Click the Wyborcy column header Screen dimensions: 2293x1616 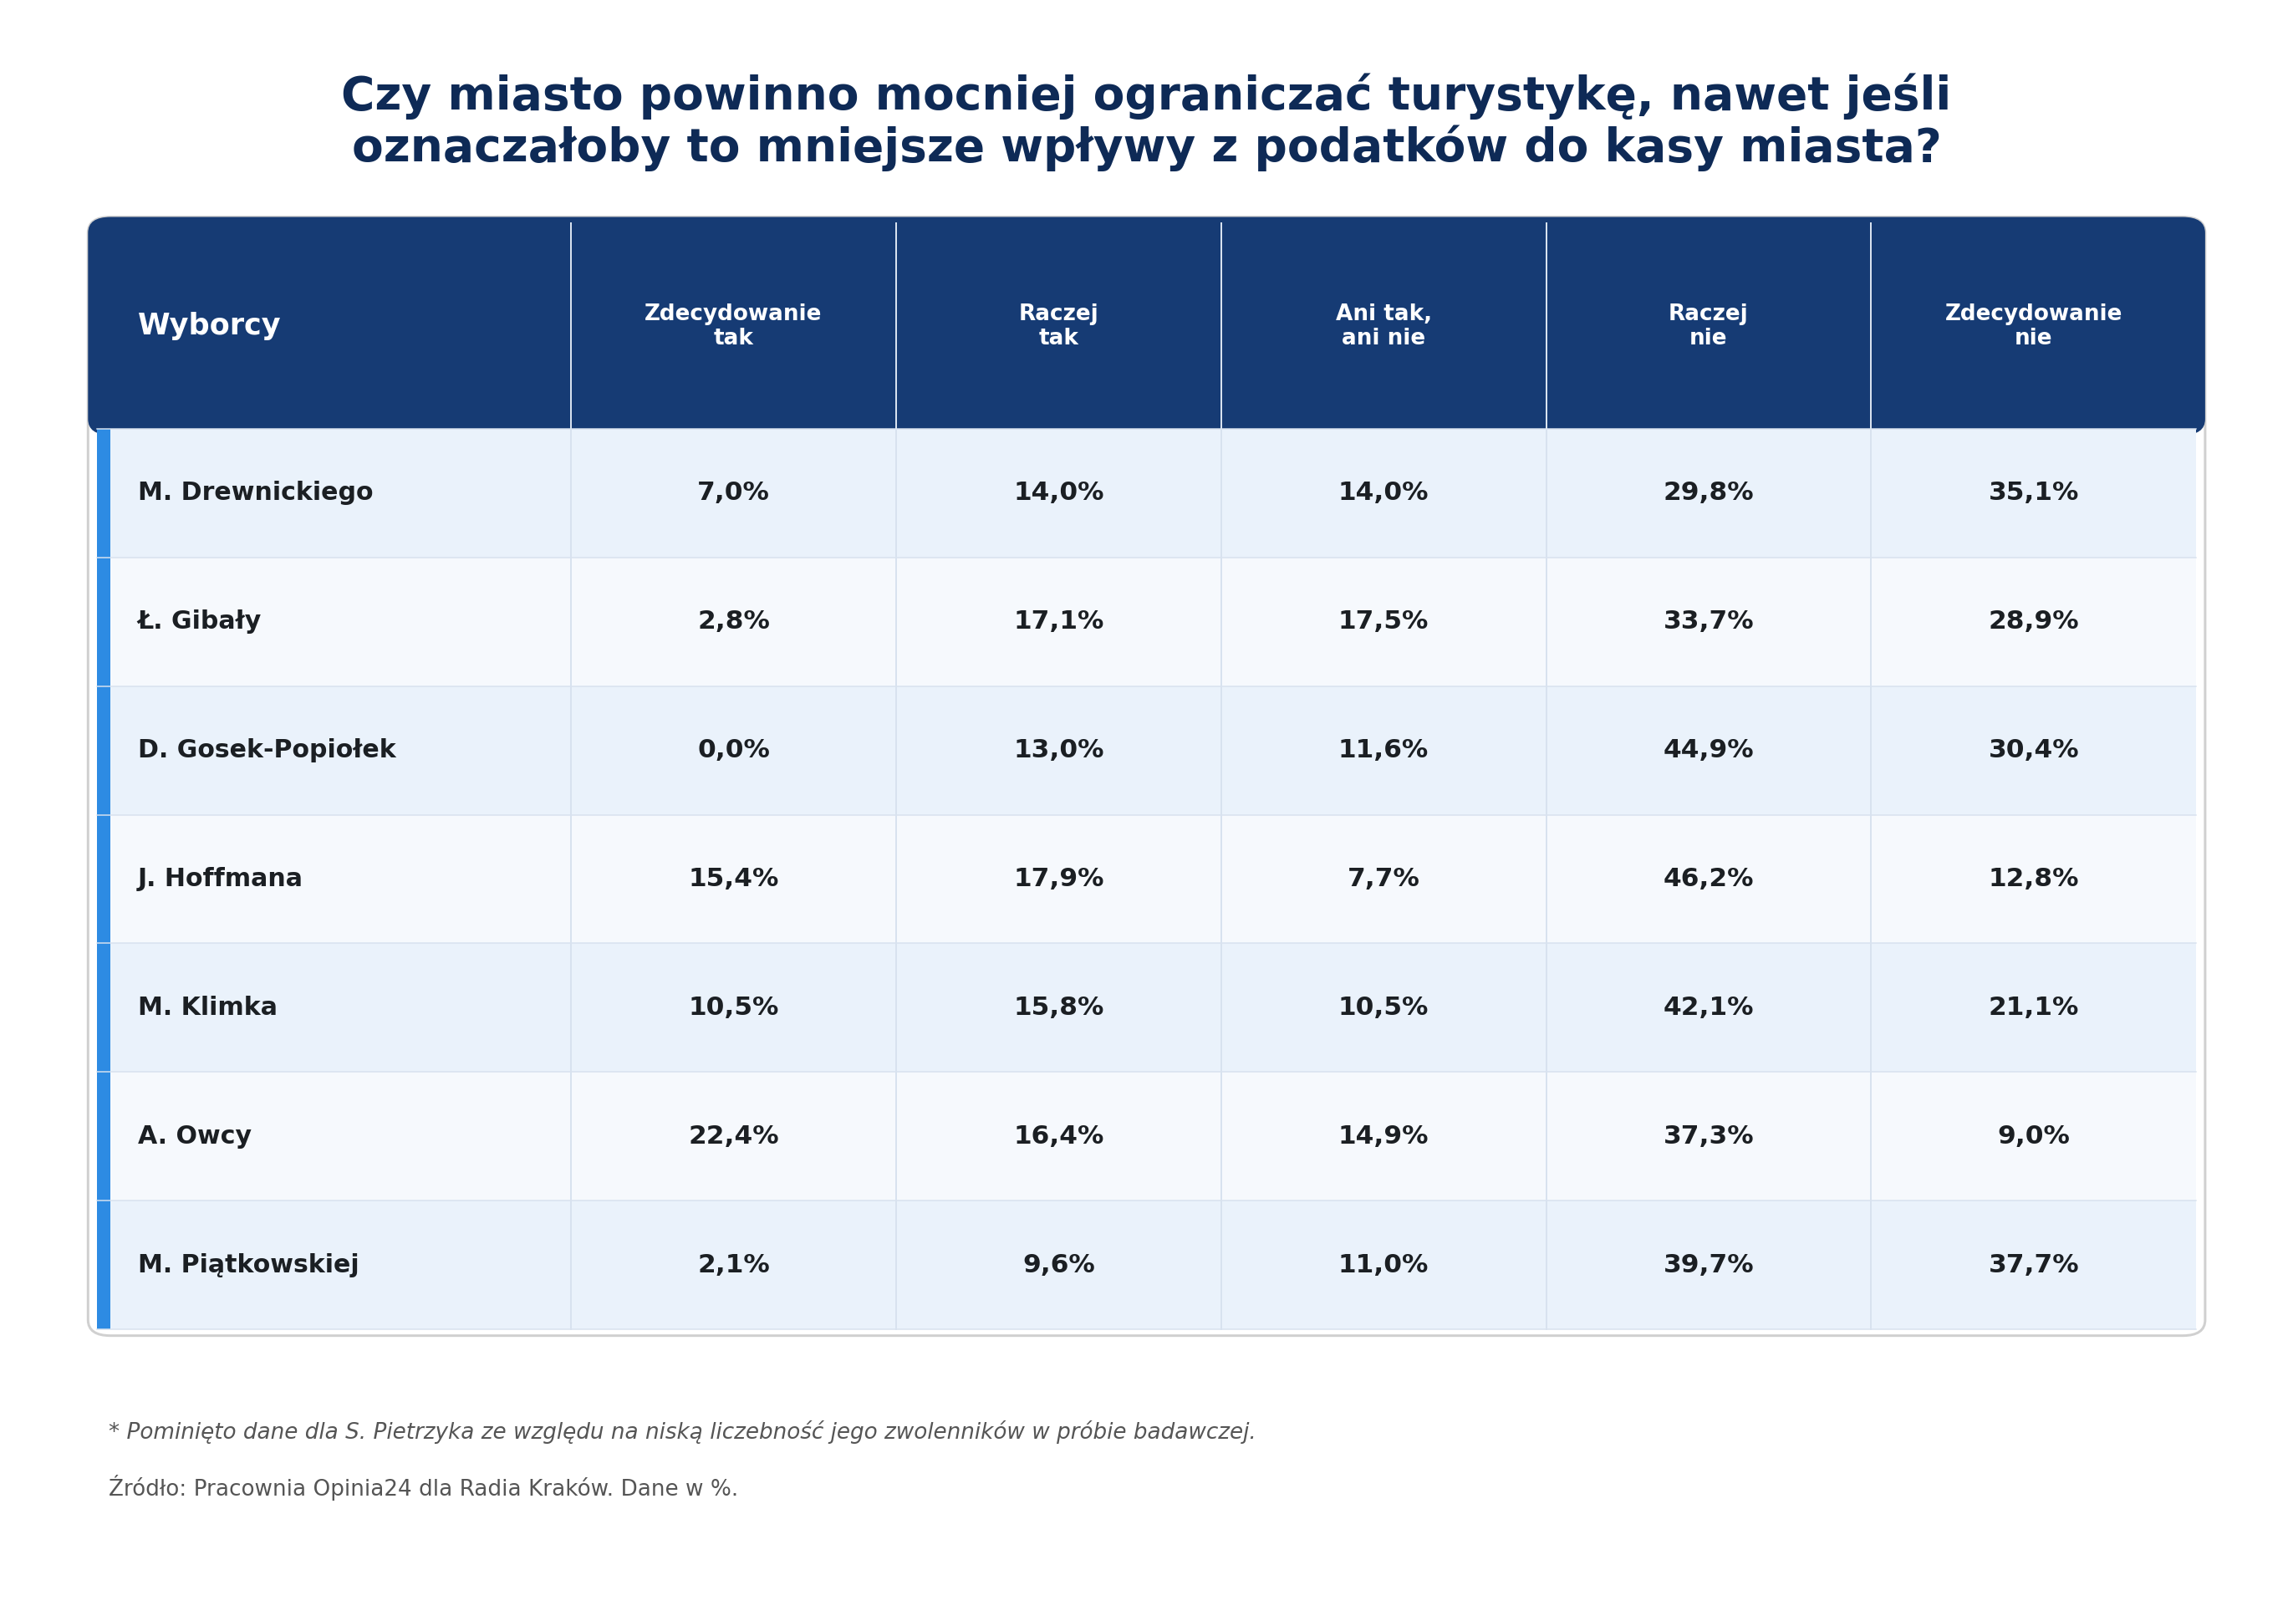pyautogui.click(x=209, y=325)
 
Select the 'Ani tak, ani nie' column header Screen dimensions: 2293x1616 pyautogui.click(x=1383, y=325)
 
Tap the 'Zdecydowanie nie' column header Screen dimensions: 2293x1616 pyautogui.click(x=2032, y=325)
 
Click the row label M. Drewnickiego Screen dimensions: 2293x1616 pyautogui.click(x=255, y=492)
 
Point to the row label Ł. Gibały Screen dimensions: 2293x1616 pyautogui.click(x=199, y=620)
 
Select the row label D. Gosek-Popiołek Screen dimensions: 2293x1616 pyautogui.click(x=267, y=749)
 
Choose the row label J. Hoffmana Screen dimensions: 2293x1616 pyautogui.click(x=220, y=878)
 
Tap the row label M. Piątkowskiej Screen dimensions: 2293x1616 pyautogui.click(x=247, y=1264)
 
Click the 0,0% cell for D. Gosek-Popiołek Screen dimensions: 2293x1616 pyautogui.click(x=733, y=749)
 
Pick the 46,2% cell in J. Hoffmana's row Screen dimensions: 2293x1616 pyautogui.click(x=1708, y=878)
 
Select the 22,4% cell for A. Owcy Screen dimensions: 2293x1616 pyautogui.click(x=733, y=1135)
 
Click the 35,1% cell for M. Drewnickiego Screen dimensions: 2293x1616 pyautogui.click(x=2032, y=492)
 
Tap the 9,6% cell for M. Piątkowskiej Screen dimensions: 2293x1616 pyautogui.click(x=1058, y=1264)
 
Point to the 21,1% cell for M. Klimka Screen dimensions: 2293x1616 pyautogui.click(x=2032, y=1007)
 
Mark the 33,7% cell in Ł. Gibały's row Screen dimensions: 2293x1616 pyautogui.click(x=1708, y=620)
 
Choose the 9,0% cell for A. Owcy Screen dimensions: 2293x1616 pyautogui.click(x=2032, y=1135)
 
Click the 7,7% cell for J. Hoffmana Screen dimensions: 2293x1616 pyautogui.click(x=1383, y=878)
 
